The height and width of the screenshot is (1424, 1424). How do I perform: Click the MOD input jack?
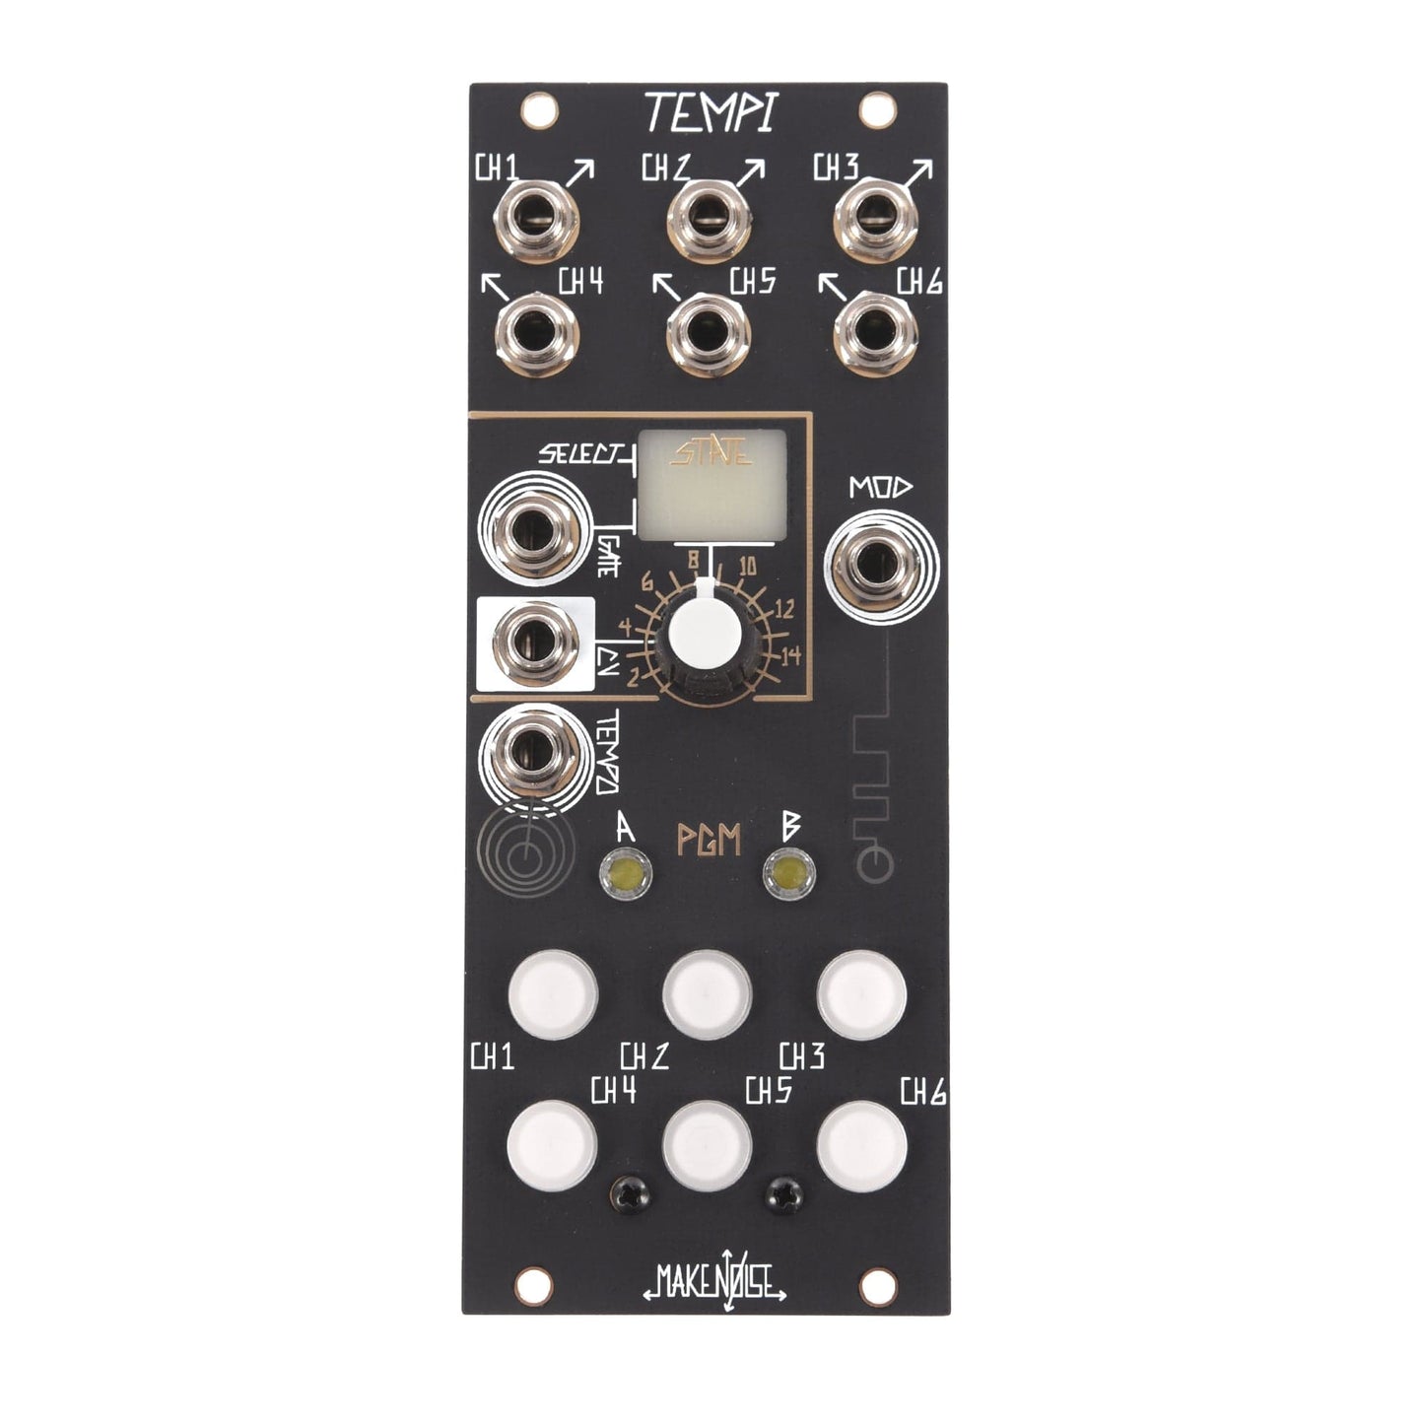click(880, 565)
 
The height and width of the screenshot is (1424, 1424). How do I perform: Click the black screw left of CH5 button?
click(627, 1196)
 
